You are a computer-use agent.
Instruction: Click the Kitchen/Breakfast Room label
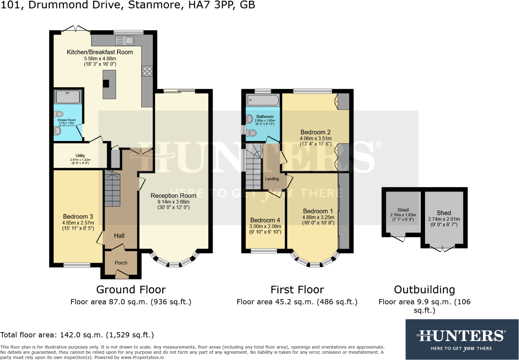100,52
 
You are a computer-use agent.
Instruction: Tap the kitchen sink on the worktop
125,41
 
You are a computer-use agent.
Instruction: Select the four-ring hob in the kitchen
147,71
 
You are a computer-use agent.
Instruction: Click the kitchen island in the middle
109,85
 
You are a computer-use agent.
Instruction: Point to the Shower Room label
66,120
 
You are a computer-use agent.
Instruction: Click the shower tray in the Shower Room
68,96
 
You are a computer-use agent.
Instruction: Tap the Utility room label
80,156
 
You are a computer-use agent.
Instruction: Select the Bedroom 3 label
78,217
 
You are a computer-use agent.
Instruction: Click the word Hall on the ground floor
119,236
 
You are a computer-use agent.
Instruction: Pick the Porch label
121,263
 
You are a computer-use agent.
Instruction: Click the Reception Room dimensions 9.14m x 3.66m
173,202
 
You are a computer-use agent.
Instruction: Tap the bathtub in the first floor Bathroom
263,100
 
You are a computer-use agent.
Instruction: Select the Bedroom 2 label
315,132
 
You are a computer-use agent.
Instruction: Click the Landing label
272,179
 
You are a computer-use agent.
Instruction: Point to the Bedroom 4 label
265,220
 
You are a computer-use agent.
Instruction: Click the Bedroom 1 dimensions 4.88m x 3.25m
318,217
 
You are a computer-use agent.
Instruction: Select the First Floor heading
297,290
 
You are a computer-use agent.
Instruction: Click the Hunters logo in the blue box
462,336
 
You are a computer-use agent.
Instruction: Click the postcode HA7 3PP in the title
211,5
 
